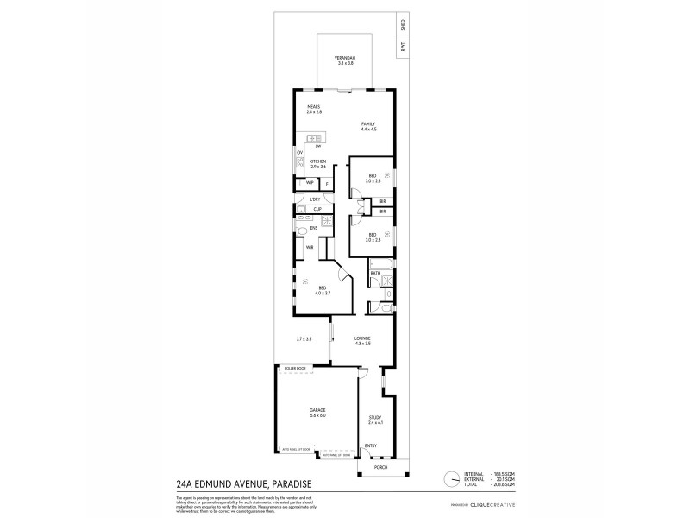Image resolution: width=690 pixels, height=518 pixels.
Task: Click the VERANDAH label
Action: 345,58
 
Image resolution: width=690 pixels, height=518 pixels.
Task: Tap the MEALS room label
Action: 313,107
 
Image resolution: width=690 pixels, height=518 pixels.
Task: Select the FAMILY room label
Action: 368,124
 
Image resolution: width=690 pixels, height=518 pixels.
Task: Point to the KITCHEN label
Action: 317,161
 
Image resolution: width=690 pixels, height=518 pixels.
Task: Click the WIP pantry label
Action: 309,183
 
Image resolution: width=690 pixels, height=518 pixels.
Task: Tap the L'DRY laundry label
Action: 316,199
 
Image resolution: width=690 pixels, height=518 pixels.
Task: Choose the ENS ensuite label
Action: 314,228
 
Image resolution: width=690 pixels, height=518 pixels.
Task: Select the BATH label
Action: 376,273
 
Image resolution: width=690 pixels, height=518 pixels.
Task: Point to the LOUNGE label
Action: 362,339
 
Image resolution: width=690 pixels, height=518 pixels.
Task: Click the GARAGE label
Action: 317,411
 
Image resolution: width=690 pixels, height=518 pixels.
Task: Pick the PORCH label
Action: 380,467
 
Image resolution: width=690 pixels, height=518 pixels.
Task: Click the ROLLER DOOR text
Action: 294,369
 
